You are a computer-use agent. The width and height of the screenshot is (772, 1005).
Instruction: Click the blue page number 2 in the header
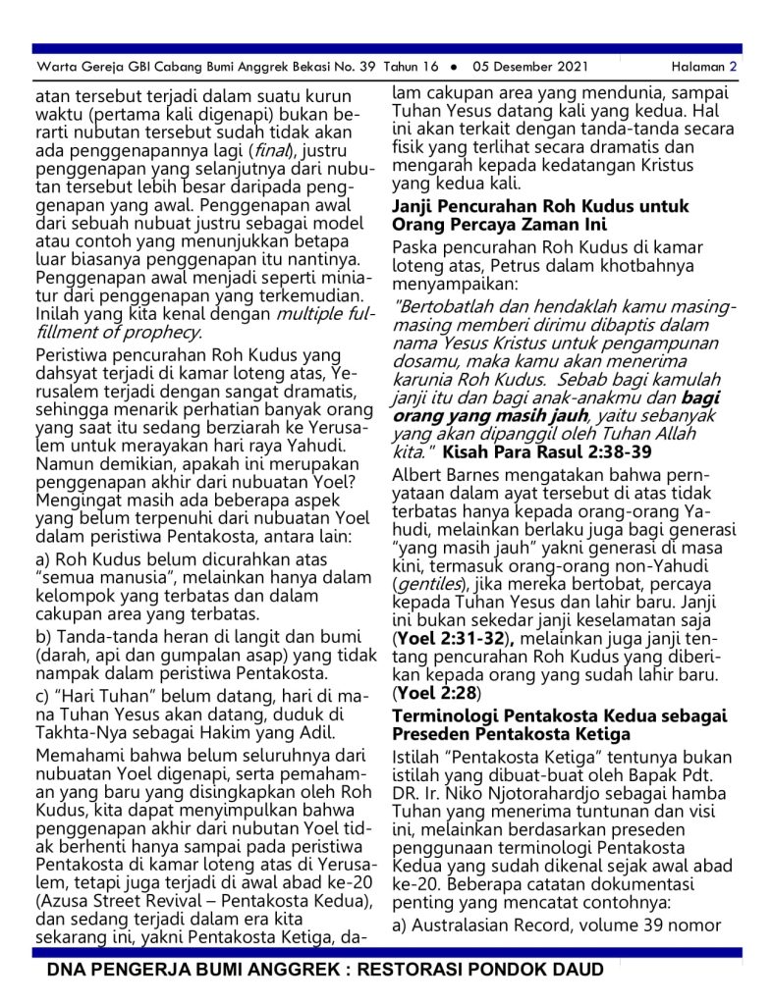coord(733,67)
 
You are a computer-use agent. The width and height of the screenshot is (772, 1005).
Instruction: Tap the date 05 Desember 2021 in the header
coord(529,67)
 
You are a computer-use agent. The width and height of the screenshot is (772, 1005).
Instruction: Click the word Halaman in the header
coord(697,67)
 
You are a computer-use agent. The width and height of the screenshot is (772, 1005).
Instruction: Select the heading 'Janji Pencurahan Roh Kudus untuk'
coord(540,207)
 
